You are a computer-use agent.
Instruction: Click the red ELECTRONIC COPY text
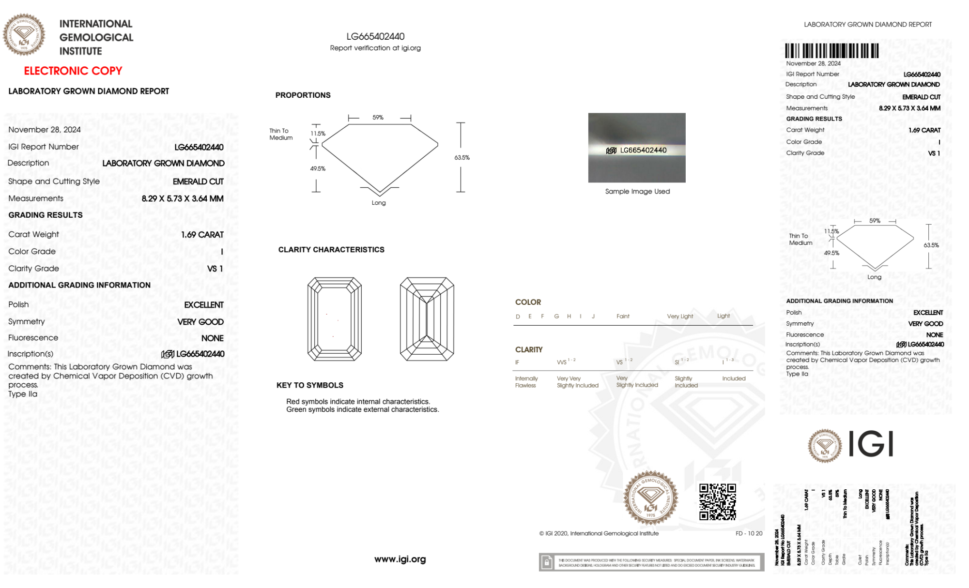(73, 71)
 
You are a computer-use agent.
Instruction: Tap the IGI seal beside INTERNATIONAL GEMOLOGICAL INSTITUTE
(24, 35)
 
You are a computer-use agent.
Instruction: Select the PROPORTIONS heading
(303, 95)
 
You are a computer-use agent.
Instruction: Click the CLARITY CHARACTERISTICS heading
(331, 250)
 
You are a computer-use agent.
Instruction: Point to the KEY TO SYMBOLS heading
(310, 385)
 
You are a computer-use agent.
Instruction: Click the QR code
(717, 502)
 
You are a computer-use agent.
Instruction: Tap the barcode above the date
(831, 51)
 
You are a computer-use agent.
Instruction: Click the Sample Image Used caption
(637, 192)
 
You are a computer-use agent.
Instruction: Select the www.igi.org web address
(400, 559)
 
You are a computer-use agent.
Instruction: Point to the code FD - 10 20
(749, 533)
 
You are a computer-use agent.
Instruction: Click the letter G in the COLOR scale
(556, 317)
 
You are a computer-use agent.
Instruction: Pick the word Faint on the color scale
(623, 317)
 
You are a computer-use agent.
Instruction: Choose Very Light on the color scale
(680, 317)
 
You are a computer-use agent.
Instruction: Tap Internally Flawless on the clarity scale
(526, 382)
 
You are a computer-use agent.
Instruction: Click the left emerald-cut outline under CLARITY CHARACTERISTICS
(334, 319)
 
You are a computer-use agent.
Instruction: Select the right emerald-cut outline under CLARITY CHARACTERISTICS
(427, 319)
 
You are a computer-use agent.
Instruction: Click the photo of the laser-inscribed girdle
(637, 148)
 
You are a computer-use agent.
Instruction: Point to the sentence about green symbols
(362, 410)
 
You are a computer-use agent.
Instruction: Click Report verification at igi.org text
(375, 48)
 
